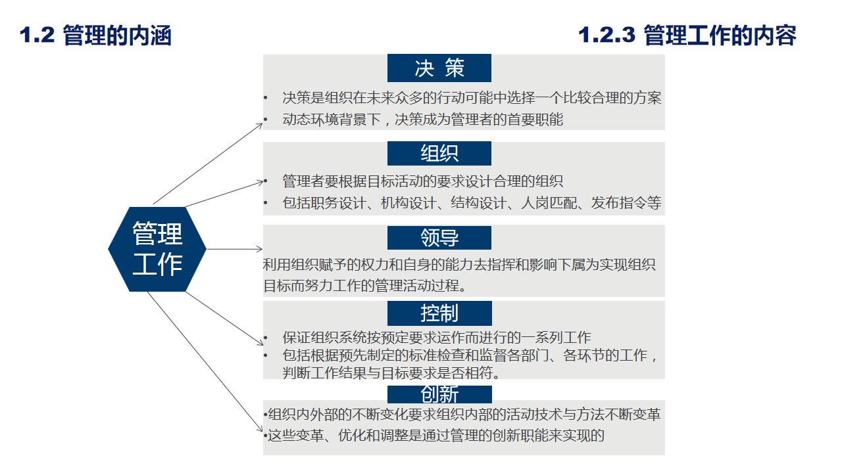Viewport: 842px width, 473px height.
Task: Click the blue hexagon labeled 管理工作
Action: click(157, 250)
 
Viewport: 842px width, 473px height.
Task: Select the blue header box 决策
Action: click(439, 68)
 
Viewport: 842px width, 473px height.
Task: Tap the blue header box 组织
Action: click(439, 153)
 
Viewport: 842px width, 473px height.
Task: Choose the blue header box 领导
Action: click(439, 238)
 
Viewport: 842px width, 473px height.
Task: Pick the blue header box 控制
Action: click(439, 313)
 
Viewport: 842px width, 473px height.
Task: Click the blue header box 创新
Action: click(439, 394)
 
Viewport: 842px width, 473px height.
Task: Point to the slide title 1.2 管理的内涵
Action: click(96, 35)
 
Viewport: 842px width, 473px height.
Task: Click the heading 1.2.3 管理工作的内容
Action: click(687, 35)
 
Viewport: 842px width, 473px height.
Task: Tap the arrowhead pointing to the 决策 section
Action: click(260, 124)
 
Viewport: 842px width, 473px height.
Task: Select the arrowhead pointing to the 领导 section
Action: click(260, 249)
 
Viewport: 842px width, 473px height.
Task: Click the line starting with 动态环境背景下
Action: click(423, 120)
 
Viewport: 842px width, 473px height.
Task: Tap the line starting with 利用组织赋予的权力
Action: click(458, 265)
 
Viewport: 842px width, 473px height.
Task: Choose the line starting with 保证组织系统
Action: click(437, 338)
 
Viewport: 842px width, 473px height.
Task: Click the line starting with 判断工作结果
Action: click(391, 373)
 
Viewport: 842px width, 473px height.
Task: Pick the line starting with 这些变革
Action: click(435, 435)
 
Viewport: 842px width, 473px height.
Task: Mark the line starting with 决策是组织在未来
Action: click(472, 99)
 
